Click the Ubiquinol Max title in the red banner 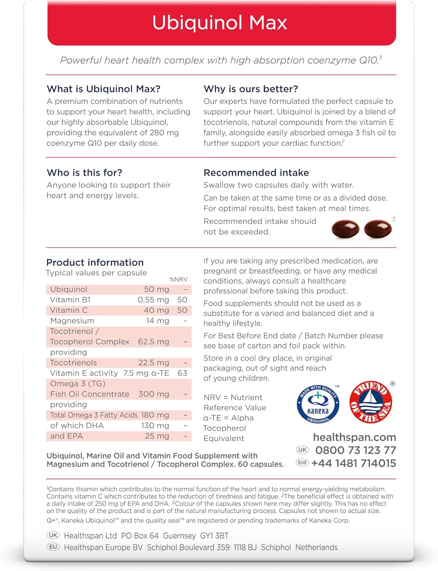220,23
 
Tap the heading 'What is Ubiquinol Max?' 104,89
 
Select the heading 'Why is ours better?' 251,89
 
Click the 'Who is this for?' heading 85,173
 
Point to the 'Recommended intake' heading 256,173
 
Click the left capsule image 345,229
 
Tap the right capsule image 378,229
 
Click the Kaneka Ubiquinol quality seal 318,404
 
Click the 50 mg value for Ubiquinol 157,289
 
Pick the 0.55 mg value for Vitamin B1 153,300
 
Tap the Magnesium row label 72,321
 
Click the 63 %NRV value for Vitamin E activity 182,373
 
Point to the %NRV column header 178,279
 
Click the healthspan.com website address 354,437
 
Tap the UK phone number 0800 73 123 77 355,450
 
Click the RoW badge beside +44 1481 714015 302,463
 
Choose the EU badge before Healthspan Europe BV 53,547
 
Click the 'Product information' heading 95,263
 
